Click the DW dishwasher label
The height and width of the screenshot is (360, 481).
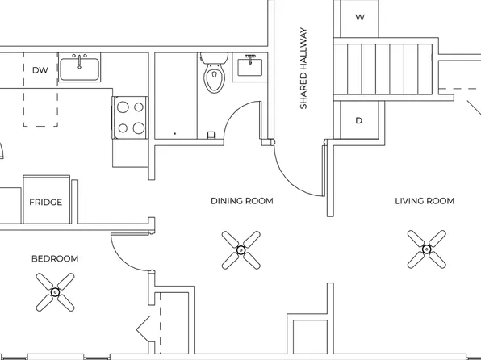click(40, 70)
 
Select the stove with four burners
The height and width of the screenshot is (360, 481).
click(129, 115)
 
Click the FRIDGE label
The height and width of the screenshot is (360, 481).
click(46, 202)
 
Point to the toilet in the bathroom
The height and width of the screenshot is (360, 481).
click(214, 75)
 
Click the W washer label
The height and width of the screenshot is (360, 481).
click(359, 17)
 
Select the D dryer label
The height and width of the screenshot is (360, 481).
click(359, 121)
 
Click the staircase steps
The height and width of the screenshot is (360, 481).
click(384, 73)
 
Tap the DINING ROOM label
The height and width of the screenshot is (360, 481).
click(241, 201)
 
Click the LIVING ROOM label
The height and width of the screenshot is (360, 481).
click(424, 201)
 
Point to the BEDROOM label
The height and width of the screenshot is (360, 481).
click(55, 258)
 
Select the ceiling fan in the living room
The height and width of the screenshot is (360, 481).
click(426, 249)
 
